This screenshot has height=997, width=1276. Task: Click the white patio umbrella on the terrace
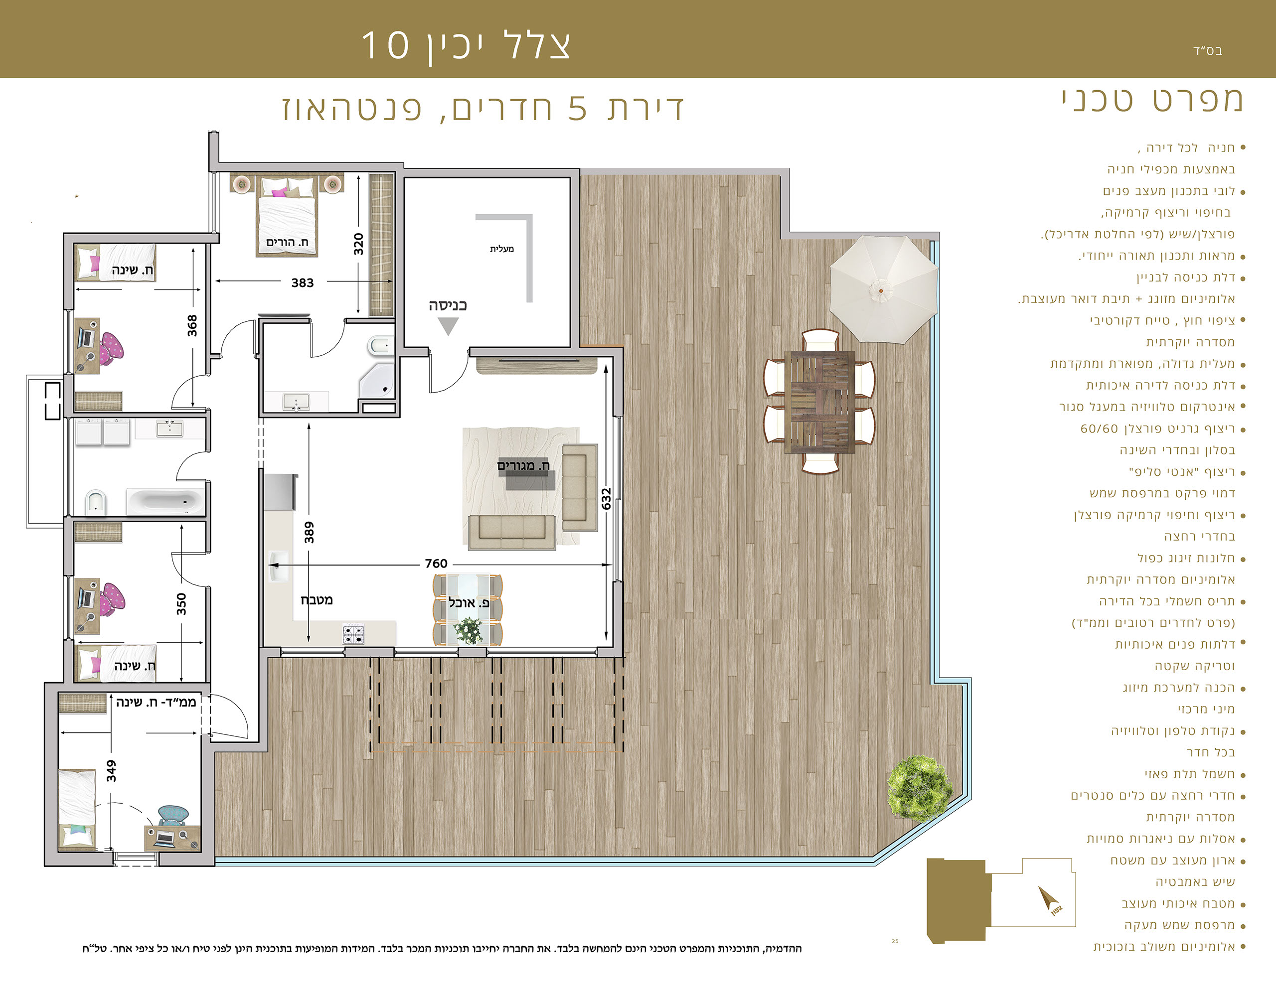coord(883,289)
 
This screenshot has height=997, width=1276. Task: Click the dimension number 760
coord(436,564)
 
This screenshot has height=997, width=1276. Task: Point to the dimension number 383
coord(303,283)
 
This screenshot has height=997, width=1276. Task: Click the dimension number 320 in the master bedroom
coord(358,244)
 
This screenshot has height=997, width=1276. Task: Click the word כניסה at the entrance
coord(448,305)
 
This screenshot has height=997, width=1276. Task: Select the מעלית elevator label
coord(502,249)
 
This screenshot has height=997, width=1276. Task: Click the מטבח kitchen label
coord(317,600)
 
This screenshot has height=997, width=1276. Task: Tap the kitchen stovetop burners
coord(353,634)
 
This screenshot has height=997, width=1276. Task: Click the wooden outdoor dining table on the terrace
coord(820,402)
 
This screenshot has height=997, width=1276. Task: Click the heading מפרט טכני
coord(1152,100)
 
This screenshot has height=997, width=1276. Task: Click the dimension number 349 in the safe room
coord(111,771)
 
